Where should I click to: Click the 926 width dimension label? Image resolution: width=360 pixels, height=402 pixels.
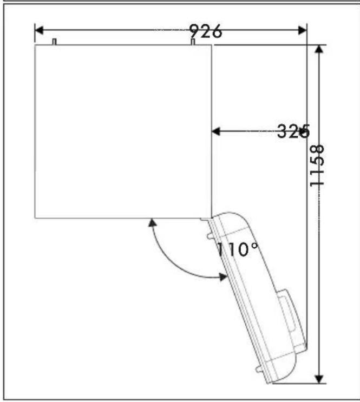(206, 31)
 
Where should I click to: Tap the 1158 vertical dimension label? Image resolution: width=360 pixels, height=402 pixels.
(317, 166)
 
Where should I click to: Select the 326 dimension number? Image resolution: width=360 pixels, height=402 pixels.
(293, 131)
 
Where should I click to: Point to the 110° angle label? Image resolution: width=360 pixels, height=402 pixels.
(237, 249)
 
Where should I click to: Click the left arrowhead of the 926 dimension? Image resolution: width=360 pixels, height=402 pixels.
(39, 30)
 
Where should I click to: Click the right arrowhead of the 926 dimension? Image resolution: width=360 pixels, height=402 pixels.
(303, 30)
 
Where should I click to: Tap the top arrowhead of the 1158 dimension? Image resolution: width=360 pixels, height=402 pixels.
(319, 49)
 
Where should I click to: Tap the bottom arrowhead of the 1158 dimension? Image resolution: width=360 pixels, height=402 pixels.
(319, 379)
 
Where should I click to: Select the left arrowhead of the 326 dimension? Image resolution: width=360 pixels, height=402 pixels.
(216, 131)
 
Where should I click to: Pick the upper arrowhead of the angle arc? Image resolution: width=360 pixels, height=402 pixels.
(153, 222)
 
